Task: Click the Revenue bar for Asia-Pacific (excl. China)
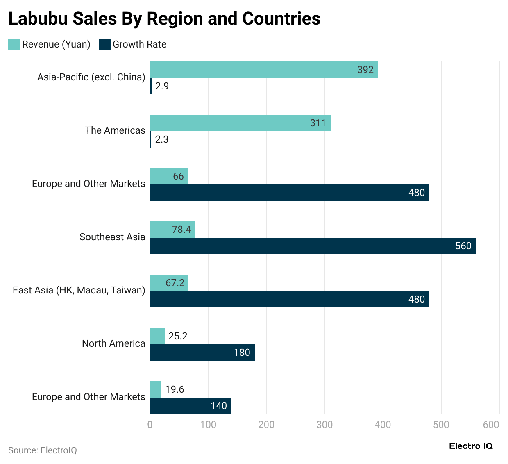point(263,70)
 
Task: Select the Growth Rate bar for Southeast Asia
point(313,246)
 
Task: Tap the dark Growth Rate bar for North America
point(202,353)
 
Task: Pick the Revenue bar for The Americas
point(240,123)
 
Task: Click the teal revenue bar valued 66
point(168,176)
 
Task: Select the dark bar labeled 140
point(190,406)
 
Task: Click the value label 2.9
point(162,86)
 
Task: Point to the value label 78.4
point(181,230)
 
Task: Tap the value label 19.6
point(175,389)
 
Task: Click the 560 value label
point(463,246)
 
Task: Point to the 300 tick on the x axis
point(324,425)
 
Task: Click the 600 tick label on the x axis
point(491,425)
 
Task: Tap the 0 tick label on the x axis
point(150,425)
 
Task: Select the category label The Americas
point(115,130)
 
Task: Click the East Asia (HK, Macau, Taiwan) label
point(79,290)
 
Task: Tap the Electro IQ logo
point(471,446)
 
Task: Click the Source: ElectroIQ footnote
point(43,450)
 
